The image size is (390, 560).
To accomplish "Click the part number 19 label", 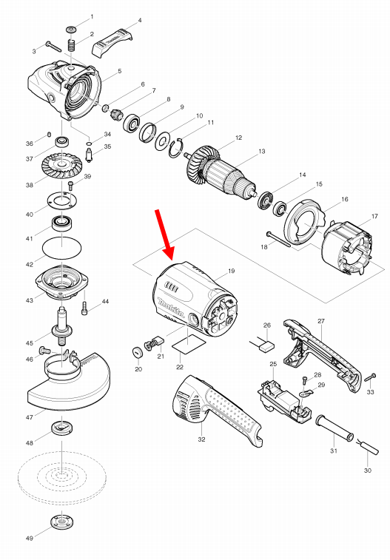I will [231, 271].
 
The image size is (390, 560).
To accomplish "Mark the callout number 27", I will [321, 321].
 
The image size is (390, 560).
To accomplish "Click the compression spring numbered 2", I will [73, 47].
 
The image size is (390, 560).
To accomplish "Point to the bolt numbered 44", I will [87, 305].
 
